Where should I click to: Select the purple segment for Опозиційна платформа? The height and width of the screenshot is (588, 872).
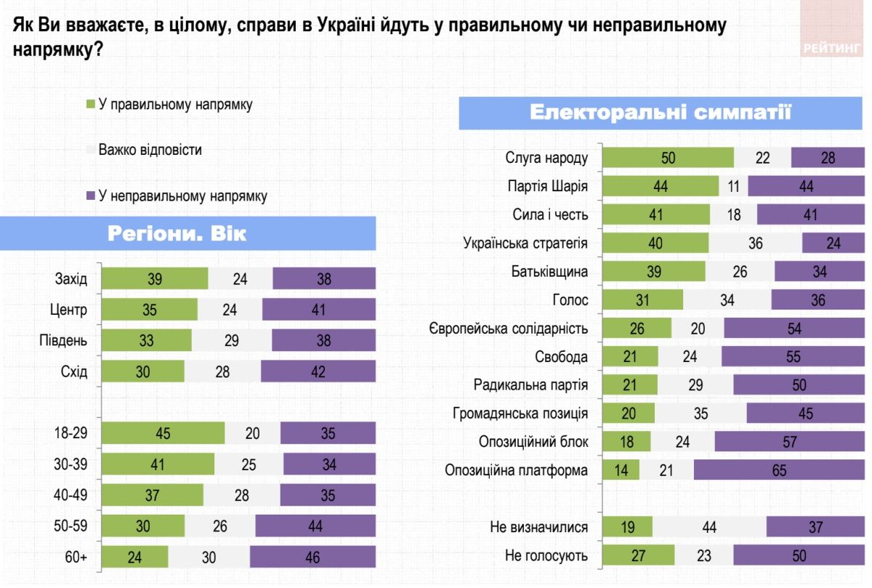[778, 470]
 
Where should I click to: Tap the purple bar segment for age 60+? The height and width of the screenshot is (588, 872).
[312, 557]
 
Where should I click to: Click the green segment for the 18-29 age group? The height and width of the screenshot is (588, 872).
[163, 433]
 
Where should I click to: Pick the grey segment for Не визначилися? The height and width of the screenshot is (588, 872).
[709, 527]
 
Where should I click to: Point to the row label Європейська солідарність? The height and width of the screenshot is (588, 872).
[508, 329]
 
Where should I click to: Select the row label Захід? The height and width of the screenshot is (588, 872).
[71, 278]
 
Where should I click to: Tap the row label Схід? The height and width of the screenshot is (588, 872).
[73, 371]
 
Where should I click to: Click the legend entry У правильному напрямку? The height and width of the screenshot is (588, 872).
[175, 104]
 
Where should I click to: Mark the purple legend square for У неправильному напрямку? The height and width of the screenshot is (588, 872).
[90, 196]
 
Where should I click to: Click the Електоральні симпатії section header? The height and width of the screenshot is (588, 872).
[660, 113]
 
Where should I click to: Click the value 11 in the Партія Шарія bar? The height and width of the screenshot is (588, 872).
[733, 186]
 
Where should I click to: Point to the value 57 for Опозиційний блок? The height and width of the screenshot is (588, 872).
[789, 442]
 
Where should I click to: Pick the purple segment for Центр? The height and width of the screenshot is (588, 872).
[318, 310]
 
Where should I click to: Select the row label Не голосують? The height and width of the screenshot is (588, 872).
[546, 556]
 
